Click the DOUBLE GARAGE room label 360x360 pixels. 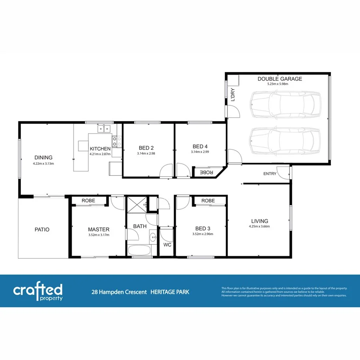[x=280, y=79]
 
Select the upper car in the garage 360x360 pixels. [x=285, y=104]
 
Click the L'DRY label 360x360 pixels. [x=232, y=96]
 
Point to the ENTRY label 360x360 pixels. [x=270, y=174]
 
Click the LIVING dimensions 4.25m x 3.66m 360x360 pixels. [x=260, y=227]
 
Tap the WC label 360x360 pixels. [x=167, y=244]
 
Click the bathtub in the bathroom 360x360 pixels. [x=139, y=251]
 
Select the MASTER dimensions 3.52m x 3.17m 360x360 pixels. [x=98, y=235]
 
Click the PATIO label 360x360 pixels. [x=42, y=230]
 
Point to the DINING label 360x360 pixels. [x=43, y=158]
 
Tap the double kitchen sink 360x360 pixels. [x=104, y=128]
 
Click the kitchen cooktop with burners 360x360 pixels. [x=117, y=141]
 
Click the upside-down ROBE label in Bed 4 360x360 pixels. [x=206, y=172]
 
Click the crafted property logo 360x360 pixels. [x=38, y=291]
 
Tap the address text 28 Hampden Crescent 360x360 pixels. [x=119, y=292]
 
